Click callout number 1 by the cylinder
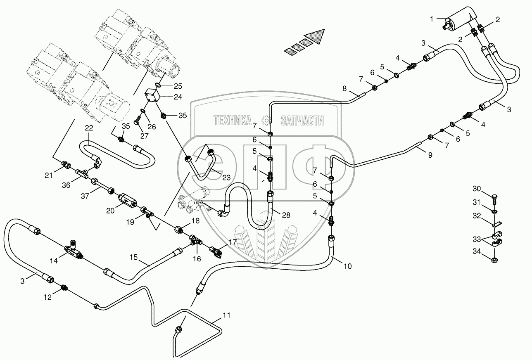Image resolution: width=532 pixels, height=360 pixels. (432, 19)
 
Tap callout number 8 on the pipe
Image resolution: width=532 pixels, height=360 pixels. (344, 88)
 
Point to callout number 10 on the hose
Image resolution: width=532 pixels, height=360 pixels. (347, 267)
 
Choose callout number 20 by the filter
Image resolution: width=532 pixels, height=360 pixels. (110, 211)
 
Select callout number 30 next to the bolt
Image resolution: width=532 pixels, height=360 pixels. (477, 189)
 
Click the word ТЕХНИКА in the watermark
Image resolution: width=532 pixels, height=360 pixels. (233, 120)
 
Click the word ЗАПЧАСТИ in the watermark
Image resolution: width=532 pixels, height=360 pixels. (302, 120)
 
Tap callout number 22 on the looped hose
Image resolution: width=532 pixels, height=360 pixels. (90, 129)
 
